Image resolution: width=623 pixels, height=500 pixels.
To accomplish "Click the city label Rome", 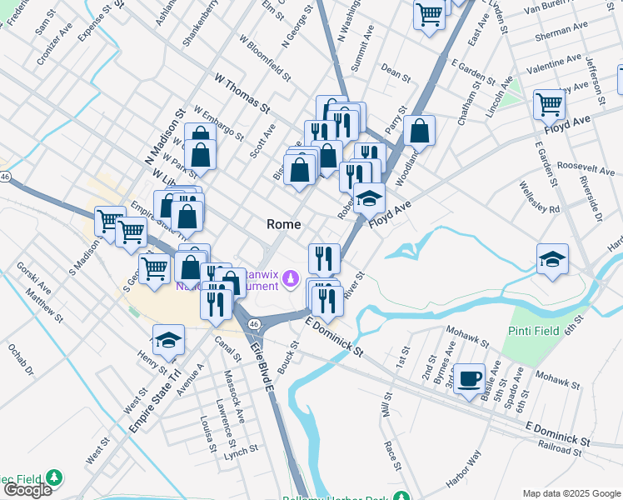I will [283, 224].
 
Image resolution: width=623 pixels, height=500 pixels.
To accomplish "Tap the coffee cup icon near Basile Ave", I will [471, 378].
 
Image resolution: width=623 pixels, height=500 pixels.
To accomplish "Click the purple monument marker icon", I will [290, 277].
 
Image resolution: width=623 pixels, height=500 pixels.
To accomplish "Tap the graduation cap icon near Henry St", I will [167, 340].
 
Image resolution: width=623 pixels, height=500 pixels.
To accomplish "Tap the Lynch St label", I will [241, 449].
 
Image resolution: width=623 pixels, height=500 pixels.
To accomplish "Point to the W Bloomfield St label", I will [264, 57].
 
